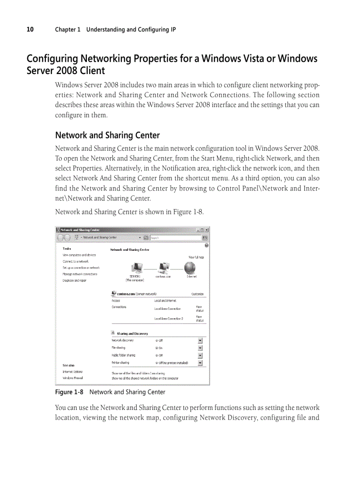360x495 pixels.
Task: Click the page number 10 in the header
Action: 30,30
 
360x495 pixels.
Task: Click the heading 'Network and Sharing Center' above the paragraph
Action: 107,135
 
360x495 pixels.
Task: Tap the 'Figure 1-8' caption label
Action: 69,392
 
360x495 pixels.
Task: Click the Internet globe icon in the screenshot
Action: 190,268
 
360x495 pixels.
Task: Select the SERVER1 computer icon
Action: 135,268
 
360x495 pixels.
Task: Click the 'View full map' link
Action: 196,257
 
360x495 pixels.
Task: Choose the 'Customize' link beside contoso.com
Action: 197,294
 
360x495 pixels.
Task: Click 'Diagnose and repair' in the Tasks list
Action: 74,280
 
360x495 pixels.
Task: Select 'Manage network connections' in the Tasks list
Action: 80,274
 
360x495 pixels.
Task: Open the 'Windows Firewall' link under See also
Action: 72,378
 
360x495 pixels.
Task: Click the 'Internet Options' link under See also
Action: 72,372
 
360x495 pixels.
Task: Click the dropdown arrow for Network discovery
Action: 200,340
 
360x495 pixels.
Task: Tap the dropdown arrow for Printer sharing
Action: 200,363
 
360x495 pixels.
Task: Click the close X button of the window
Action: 207,230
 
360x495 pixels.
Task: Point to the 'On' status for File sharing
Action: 160,348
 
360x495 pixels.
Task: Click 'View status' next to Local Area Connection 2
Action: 199,318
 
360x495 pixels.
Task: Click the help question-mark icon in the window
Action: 206,245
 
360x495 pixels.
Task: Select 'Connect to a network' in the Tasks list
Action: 75,261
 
